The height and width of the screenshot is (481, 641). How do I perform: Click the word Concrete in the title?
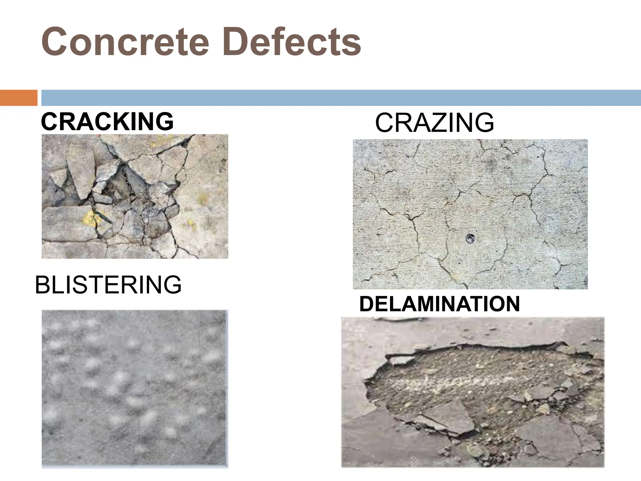(125, 42)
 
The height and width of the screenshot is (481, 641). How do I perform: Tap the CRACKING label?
(107, 122)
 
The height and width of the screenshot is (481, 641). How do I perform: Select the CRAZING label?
(434, 123)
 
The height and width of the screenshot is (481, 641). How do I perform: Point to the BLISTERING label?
(108, 285)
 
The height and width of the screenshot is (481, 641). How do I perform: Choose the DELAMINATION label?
(439, 304)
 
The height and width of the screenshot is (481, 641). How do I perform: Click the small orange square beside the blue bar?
(18, 98)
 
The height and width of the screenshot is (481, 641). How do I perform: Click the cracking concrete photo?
(135, 196)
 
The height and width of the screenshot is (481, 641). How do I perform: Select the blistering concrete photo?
(135, 389)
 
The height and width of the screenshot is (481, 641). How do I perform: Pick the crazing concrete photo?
(470, 214)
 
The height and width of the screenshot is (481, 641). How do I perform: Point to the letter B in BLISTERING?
(42, 285)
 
